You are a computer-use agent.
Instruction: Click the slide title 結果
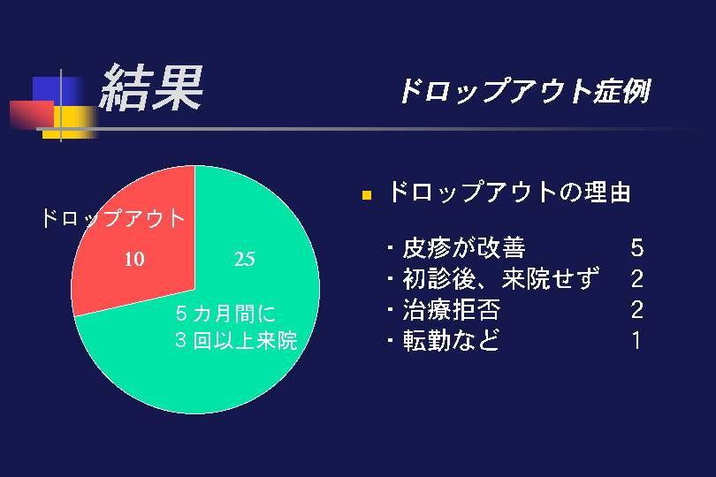151,87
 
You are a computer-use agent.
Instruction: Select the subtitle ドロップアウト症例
525,91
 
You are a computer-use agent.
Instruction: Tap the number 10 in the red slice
134,260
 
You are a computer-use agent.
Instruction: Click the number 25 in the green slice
244,260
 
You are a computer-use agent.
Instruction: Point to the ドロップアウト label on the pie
113,218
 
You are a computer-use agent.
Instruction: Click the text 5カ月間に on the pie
225,314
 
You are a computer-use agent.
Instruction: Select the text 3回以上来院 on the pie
236,340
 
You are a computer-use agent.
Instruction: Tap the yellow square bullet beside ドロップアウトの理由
367,195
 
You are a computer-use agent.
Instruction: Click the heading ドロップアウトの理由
509,192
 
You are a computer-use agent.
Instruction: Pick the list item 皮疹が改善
464,248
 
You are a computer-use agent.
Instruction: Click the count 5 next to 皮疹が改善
637,248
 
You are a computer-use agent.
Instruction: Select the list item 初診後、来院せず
501,278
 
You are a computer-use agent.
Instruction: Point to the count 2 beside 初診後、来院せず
637,279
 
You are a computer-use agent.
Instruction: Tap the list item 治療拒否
452,309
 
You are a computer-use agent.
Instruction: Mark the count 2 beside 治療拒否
637,310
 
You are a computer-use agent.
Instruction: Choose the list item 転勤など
451,340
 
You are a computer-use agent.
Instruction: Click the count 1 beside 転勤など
637,340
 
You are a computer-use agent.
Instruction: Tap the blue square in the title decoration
57,90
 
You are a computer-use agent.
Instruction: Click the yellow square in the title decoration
70,122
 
